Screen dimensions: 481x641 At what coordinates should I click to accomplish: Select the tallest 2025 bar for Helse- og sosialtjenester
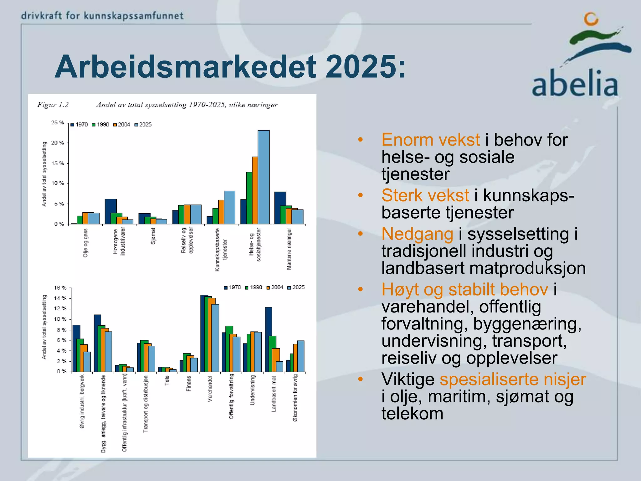pyautogui.click(x=264, y=177)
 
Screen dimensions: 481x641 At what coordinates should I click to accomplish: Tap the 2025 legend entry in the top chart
pyautogui.click(x=143, y=125)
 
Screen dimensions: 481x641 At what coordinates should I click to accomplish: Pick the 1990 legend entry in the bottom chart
pyautogui.click(x=254, y=287)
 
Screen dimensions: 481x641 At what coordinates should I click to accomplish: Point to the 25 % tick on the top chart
pyautogui.click(x=58, y=122)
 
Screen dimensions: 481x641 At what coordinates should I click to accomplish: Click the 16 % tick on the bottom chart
pyautogui.click(x=60, y=287)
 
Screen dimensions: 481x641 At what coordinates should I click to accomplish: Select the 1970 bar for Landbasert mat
pyautogui.click(x=268, y=339)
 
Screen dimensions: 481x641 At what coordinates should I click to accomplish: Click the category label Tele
pyautogui.click(x=167, y=380)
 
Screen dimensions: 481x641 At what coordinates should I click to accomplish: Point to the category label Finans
pyautogui.click(x=188, y=384)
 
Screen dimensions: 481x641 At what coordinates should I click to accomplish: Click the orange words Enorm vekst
pyautogui.click(x=430, y=140)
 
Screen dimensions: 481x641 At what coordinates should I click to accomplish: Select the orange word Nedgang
pyautogui.click(x=417, y=234)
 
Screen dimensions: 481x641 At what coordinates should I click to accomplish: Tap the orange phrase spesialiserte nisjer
pyautogui.click(x=513, y=379)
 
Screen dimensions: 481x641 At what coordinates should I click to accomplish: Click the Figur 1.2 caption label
pyautogui.click(x=53, y=105)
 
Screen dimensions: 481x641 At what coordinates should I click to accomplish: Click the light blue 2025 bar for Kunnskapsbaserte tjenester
pyautogui.click(x=229, y=207)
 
